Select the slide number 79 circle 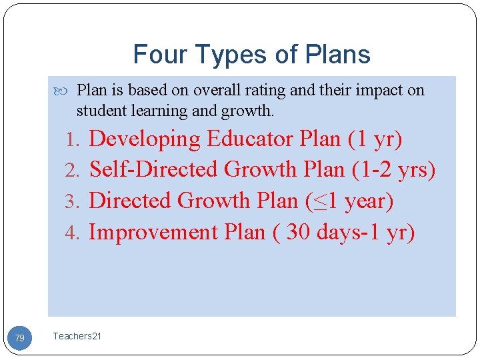click(x=20, y=339)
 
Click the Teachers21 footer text click(x=77, y=337)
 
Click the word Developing click(x=145, y=139)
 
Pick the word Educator click(x=251, y=139)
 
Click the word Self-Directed click(x=155, y=170)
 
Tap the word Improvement click(x=153, y=232)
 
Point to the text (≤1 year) click(x=349, y=201)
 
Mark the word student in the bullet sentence click(x=98, y=110)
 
